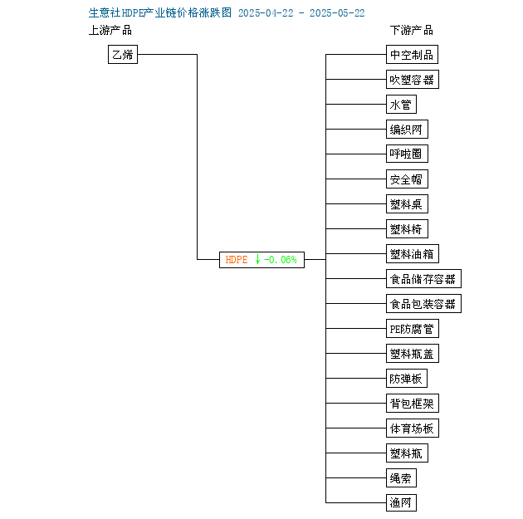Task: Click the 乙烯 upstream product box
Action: coord(123,54)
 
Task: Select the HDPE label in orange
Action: coord(237,259)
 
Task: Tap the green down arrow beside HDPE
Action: coord(257,259)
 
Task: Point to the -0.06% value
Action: coord(281,259)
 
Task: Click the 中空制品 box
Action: coord(412,54)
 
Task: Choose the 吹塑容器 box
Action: coord(413,80)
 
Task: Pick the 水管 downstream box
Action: coord(401,105)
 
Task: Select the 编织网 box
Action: coord(407,129)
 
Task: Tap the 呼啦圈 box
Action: coord(407,154)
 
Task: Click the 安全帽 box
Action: coord(407,179)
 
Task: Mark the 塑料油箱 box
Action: coord(413,254)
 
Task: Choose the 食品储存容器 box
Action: coord(423,278)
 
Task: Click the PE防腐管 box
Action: coord(413,329)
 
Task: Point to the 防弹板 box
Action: coord(407,378)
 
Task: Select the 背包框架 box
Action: coord(413,404)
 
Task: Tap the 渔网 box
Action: coord(401,502)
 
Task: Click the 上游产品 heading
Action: coord(110,30)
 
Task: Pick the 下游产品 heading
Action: coord(412,30)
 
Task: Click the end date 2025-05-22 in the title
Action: coord(337,13)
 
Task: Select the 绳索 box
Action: coord(401,478)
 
